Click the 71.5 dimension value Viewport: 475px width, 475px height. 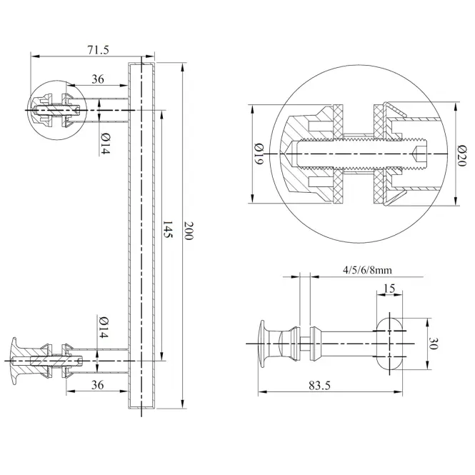pyautogui.click(x=98, y=50)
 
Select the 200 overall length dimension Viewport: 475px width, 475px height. pyautogui.click(x=189, y=231)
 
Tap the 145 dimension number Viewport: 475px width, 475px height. pyautogui.click(x=168, y=229)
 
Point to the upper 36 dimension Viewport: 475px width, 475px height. pyautogui.click(x=98, y=79)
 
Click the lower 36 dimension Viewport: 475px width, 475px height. pyautogui.click(x=97, y=385)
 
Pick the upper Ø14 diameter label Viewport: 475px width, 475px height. pyautogui.click(x=104, y=144)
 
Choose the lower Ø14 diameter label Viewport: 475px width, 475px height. pyautogui.click(x=104, y=327)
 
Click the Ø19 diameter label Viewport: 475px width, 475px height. pyautogui.click(x=259, y=154)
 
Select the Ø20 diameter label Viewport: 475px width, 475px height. pyautogui.click(x=461, y=156)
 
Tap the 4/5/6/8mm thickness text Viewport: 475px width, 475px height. pyautogui.click(x=367, y=269)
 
